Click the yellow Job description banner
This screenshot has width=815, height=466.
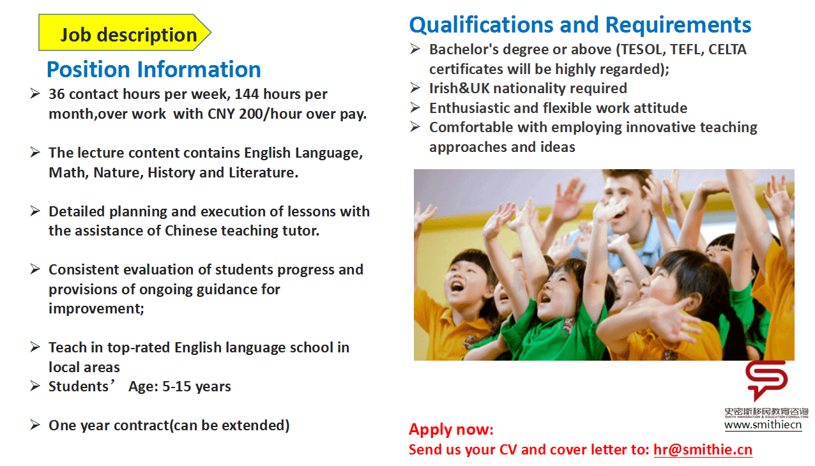(x=125, y=33)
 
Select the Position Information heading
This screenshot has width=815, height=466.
(x=154, y=70)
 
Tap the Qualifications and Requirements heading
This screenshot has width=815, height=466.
(x=581, y=26)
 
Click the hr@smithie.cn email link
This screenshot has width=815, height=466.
(x=703, y=449)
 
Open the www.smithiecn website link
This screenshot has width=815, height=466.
(x=763, y=425)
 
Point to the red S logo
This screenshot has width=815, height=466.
(x=766, y=380)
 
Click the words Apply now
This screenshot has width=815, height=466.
(x=451, y=430)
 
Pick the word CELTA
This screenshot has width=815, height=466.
(x=727, y=49)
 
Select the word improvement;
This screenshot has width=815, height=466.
(x=96, y=308)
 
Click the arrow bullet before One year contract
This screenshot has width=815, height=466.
(x=35, y=425)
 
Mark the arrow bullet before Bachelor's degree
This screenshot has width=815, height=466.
(x=415, y=49)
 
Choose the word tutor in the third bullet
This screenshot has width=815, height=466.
(x=301, y=231)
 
